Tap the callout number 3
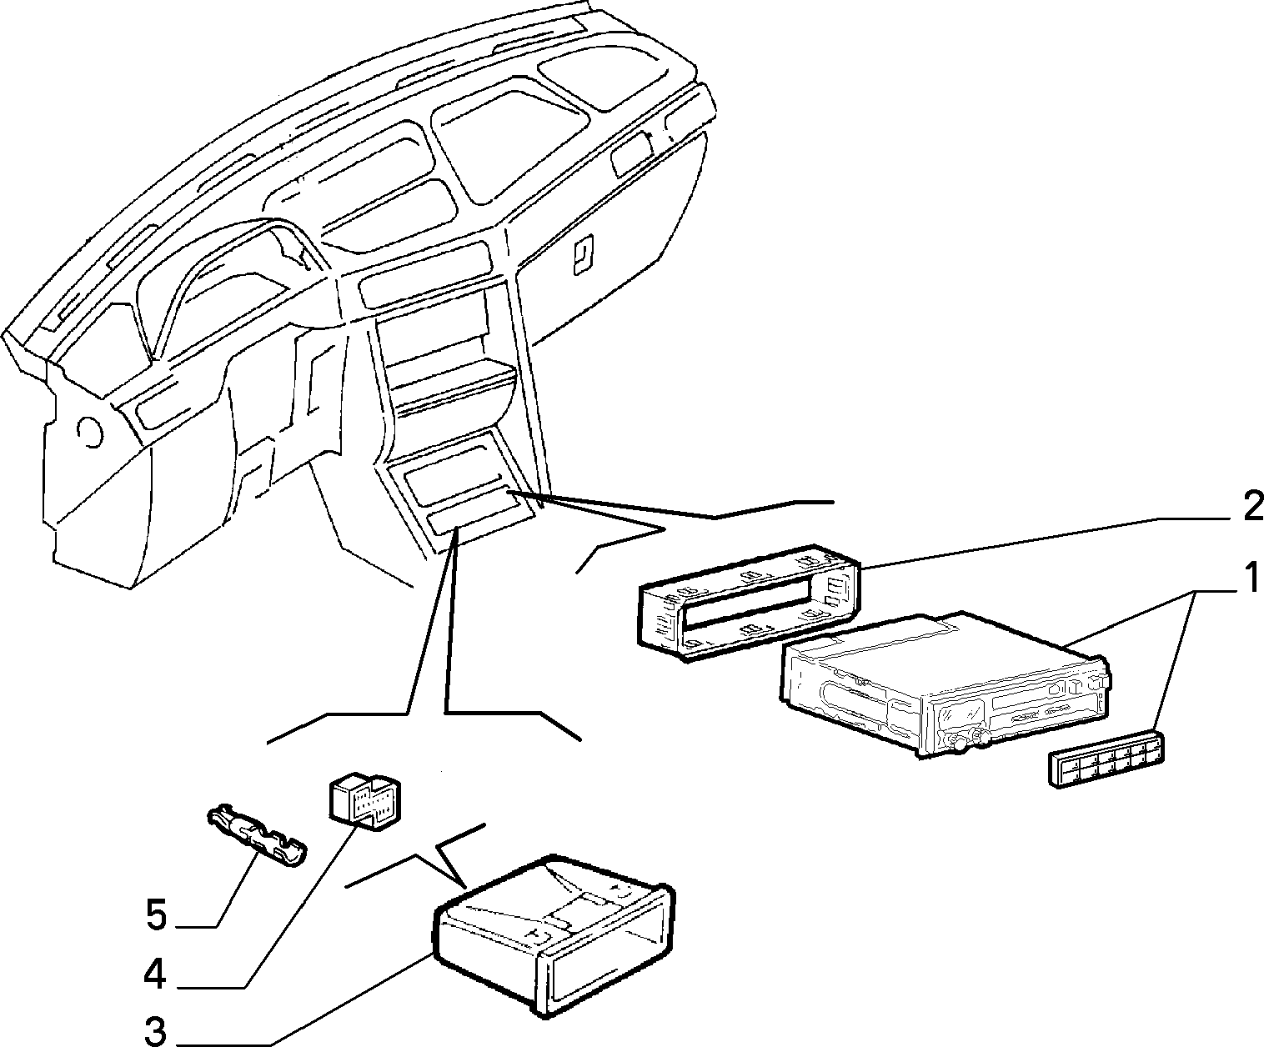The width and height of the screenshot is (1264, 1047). click(156, 1030)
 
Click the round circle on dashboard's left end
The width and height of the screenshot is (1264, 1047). click(91, 432)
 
